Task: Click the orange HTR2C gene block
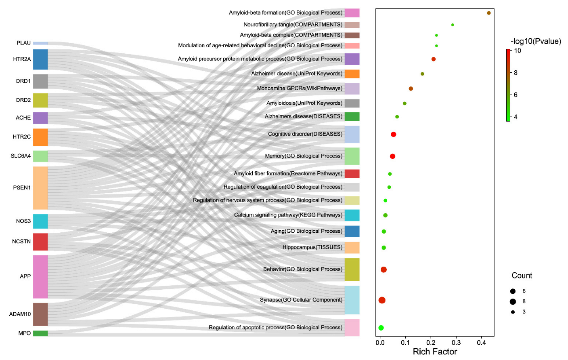[x=40, y=137]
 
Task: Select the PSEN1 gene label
[x=22, y=187]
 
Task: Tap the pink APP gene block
[x=40, y=276]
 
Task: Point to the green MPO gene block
[x=40, y=333]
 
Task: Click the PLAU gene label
[x=24, y=43]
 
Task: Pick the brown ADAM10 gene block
[x=40, y=314]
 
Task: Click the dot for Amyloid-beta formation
[x=489, y=13]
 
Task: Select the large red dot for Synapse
[x=382, y=300]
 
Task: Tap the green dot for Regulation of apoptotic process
[x=381, y=328]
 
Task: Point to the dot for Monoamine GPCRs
[x=411, y=88]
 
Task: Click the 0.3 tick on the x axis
[x=456, y=343]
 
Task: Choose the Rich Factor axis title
[x=435, y=352]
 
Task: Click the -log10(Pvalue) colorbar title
[x=536, y=41]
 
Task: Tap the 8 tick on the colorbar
[x=516, y=73]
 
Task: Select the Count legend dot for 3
[x=513, y=312]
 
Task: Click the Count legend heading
[x=522, y=276]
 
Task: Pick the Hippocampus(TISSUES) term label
[x=312, y=247]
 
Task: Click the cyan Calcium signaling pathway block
[x=352, y=215]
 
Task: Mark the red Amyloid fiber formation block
[x=352, y=174]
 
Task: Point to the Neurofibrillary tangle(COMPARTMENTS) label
[x=293, y=25]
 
